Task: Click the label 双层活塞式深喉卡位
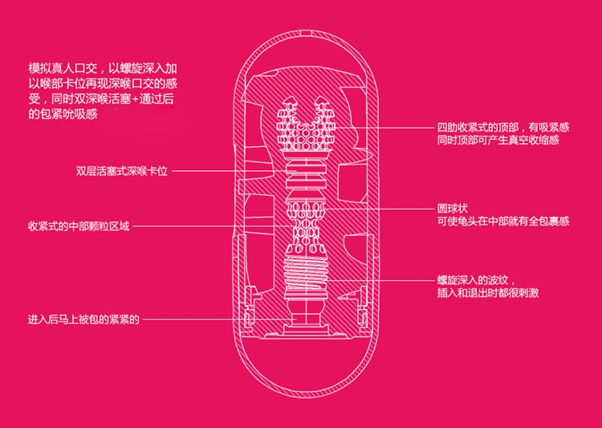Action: pos(121,171)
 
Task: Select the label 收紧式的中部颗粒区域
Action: pos(78,226)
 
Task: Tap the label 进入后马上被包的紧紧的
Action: pos(83,320)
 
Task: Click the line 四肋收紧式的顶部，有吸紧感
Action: pos(502,127)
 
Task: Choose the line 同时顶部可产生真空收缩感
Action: pos(498,141)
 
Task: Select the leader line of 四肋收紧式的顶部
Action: pos(385,127)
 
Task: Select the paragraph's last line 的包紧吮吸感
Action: pos(62,115)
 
